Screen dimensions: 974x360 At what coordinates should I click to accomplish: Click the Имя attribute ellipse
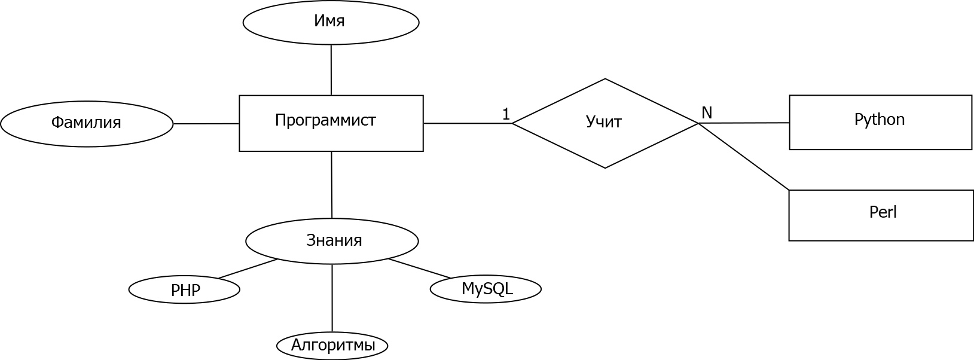pyautogui.click(x=331, y=22)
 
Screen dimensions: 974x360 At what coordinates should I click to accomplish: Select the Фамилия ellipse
pyautogui.click(x=87, y=124)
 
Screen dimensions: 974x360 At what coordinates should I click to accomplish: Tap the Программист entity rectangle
pyautogui.click(x=331, y=123)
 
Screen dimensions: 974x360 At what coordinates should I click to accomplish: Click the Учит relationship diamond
pyautogui.click(x=605, y=123)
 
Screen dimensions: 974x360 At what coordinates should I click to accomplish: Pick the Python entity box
pyautogui.click(x=881, y=122)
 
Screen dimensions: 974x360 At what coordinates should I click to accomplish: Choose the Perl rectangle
pyautogui.click(x=881, y=215)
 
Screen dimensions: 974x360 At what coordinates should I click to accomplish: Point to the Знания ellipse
pyautogui.click(x=332, y=241)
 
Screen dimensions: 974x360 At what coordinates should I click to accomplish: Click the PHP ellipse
pyautogui.click(x=184, y=289)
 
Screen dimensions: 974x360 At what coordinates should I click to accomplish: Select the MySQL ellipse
pyautogui.click(x=486, y=289)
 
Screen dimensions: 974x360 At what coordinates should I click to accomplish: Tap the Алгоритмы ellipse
pyautogui.click(x=332, y=346)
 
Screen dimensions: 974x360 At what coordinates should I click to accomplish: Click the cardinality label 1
pyautogui.click(x=506, y=114)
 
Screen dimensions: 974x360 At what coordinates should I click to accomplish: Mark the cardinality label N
pyautogui.click(x=707, y=113)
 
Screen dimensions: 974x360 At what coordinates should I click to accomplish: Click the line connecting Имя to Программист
pyautogui.click(x=331, y=70)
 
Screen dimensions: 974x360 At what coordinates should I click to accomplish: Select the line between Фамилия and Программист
pyautogui.click(x=206, y=124)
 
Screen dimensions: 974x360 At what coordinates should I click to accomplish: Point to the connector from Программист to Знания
pyautogui.click(x=332, y=185)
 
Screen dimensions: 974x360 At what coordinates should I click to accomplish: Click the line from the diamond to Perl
pyautogui.click(x=744, y=157)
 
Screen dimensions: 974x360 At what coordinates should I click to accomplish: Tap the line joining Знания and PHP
pyautogui.click(x=248, y=269)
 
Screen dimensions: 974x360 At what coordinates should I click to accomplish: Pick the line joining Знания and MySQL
pyautogui.click(x=420, y=269)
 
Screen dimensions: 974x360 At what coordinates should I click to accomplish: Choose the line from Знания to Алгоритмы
pyautogui.click(x=332, y=298)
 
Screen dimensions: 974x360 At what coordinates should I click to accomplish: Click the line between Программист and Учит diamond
pyautogui.click(x=468, y=123)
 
